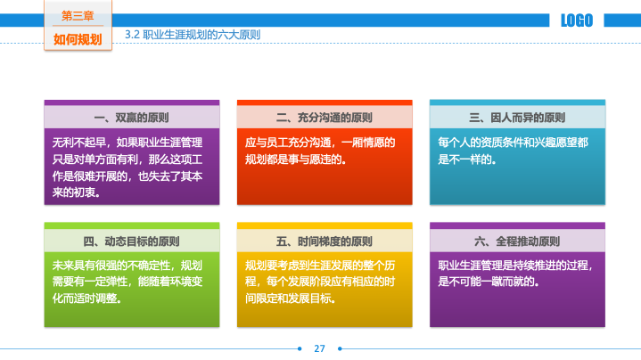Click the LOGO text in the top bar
coord(577,20)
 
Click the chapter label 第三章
coord(78,15)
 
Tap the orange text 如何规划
coord(78,39)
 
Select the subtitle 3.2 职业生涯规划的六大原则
coord(193,35)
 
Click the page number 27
coord(319,348)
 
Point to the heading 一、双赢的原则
coord(132,118)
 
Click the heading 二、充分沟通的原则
coord(325,118)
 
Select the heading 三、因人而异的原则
coord(517,118)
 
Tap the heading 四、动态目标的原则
coord(132,241)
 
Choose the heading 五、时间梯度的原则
coord(325,241)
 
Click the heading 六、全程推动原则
coord(517,241)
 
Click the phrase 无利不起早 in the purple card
coord(78,143)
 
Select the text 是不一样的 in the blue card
coord(464,160)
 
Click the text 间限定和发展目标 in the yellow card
coord(288,299)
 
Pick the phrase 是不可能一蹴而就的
coord(486,282)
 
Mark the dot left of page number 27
coord(300,348)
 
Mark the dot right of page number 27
coord(340,348)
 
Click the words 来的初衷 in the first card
coord(74,192)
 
